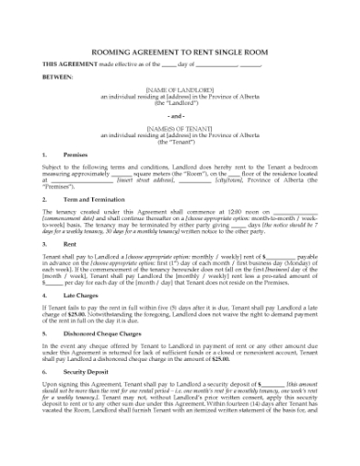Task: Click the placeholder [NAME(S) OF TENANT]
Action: point(180,134)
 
